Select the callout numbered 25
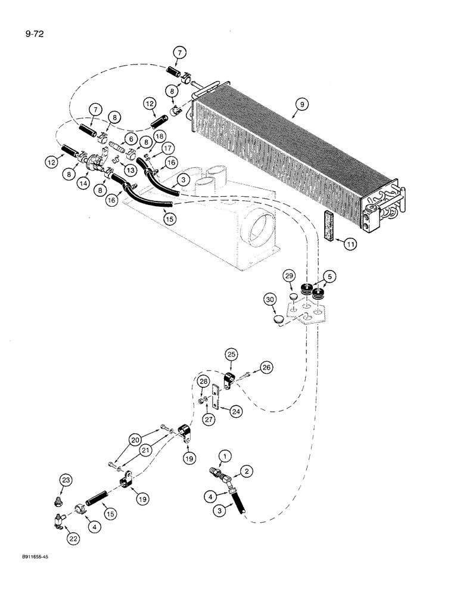231,356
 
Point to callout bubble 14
83,185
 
